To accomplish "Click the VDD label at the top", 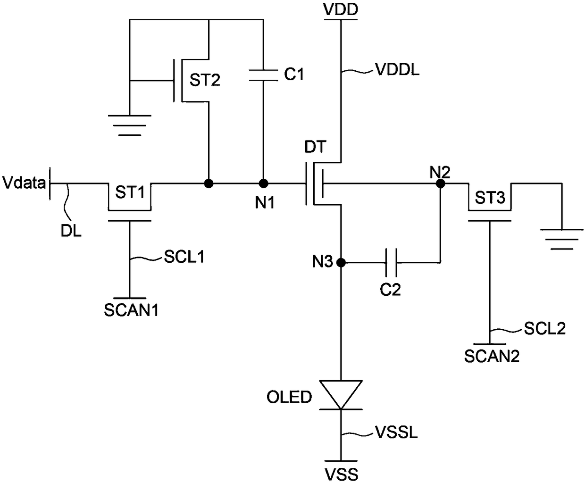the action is [x=341, y=9].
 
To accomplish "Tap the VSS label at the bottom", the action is [x=341, y=475].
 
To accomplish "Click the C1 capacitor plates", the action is [x=263, y=75].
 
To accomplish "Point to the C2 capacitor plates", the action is [x=391, y=263].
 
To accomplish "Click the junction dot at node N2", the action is [x=441, y=184].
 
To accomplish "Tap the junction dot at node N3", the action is [x=341, y=263].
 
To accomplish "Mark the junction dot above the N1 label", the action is [x=263, y=184].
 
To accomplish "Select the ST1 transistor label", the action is [x=130, y=192].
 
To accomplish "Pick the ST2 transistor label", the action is [x=205, y=80].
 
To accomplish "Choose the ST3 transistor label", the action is [x=490, y=197].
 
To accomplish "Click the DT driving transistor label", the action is [x=316, y=147].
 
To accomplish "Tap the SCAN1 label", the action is [x=131, y=310].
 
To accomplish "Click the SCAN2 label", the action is [x=492, y=357].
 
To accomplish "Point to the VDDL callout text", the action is [x=397, y=69].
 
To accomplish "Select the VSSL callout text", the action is [x=396, y=432].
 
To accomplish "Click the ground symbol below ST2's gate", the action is [x=129, y=125].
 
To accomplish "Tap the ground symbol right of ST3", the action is [x=562, y=240].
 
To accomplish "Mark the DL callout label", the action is [x=71, y=231].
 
